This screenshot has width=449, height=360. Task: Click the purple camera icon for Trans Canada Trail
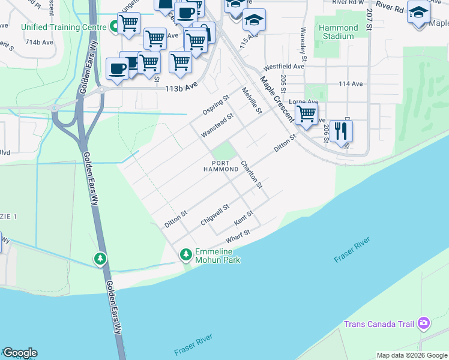(x=424, y=324)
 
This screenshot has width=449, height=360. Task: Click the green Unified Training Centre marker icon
(x=113, y=27)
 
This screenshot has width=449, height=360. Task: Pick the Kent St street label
(x=244, y=218)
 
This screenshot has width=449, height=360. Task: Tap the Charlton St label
(x=252, y=175)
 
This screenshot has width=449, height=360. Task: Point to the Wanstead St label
(x=217, y=125)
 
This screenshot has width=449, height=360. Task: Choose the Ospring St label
(x=216, y=106)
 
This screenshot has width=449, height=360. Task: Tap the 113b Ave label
(x=181, y=87)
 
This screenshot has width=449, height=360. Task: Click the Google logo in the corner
(x=20, y=353)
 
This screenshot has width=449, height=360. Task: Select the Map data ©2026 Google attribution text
(x=412, y=355)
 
